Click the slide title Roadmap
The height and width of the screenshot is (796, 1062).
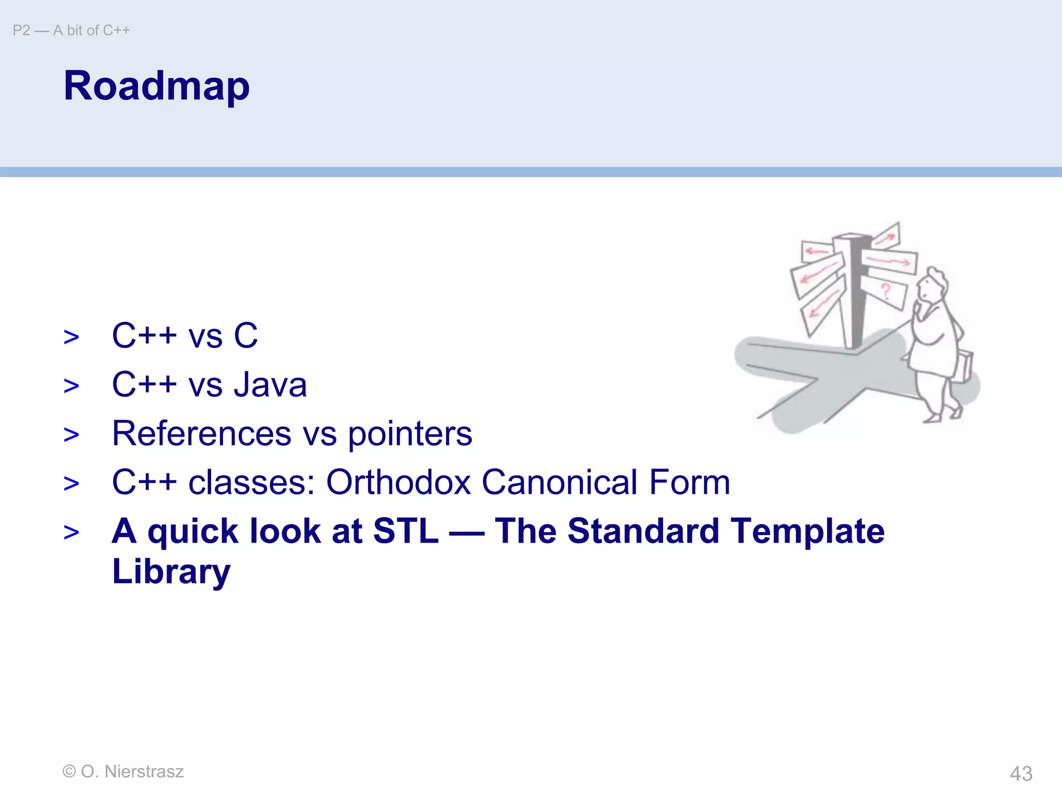click(156, 86)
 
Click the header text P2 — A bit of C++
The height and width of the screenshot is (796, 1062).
click(71, 31)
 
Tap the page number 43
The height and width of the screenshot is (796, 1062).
click(1021, 774)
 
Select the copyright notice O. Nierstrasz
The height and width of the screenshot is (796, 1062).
click(123, 772)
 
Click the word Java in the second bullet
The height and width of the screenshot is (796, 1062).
click(270, 385)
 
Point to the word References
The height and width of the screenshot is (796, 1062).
click(202, 434)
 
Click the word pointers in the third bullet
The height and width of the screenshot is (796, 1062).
click(410, 434)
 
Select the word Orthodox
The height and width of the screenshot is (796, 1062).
click(398, 482)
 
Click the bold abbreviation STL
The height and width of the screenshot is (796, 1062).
click(406, 531)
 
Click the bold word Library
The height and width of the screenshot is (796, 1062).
click(171, 572)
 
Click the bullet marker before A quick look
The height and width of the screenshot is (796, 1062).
click(71, 533)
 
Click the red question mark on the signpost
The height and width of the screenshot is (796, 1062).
click(886, 292)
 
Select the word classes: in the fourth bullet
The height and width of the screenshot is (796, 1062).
click(251, 482)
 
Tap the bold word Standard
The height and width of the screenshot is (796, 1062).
click(643, 531)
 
